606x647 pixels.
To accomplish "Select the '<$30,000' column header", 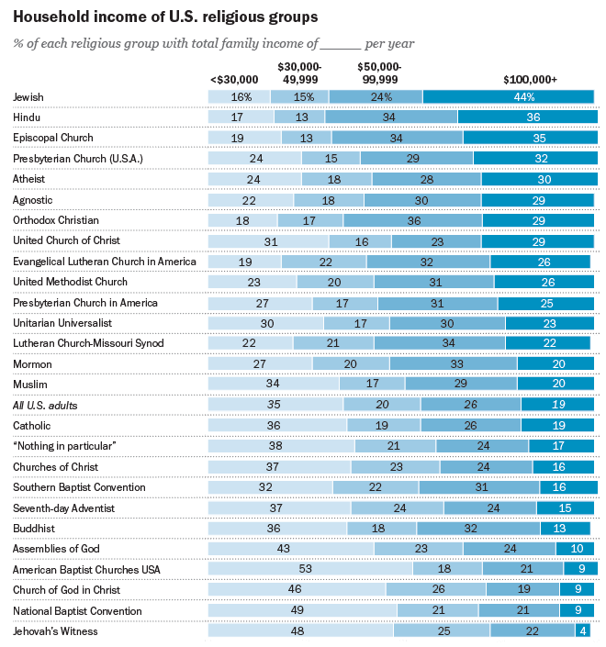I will tap(234, 80).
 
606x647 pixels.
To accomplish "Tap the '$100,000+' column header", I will tap(530, 80).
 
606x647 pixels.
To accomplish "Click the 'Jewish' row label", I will tap(28, 96).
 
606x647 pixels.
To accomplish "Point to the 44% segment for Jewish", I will tap(509, 96).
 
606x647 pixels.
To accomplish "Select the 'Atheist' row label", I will tap(29, 178).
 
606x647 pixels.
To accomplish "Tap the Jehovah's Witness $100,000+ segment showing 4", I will tap(582, 630).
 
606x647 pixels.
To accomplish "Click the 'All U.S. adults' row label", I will tap(45, 405).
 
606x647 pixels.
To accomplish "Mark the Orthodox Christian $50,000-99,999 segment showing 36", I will tap(413, 220).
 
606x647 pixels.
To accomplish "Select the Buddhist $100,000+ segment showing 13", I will tap(566, 528).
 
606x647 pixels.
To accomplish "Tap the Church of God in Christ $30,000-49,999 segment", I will tap(436, 589).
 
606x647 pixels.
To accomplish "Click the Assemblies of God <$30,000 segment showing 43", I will tap(291, 548).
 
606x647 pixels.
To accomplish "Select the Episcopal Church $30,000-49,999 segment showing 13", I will tap(306, 138).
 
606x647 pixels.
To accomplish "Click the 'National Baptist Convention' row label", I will tap(77, 610).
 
